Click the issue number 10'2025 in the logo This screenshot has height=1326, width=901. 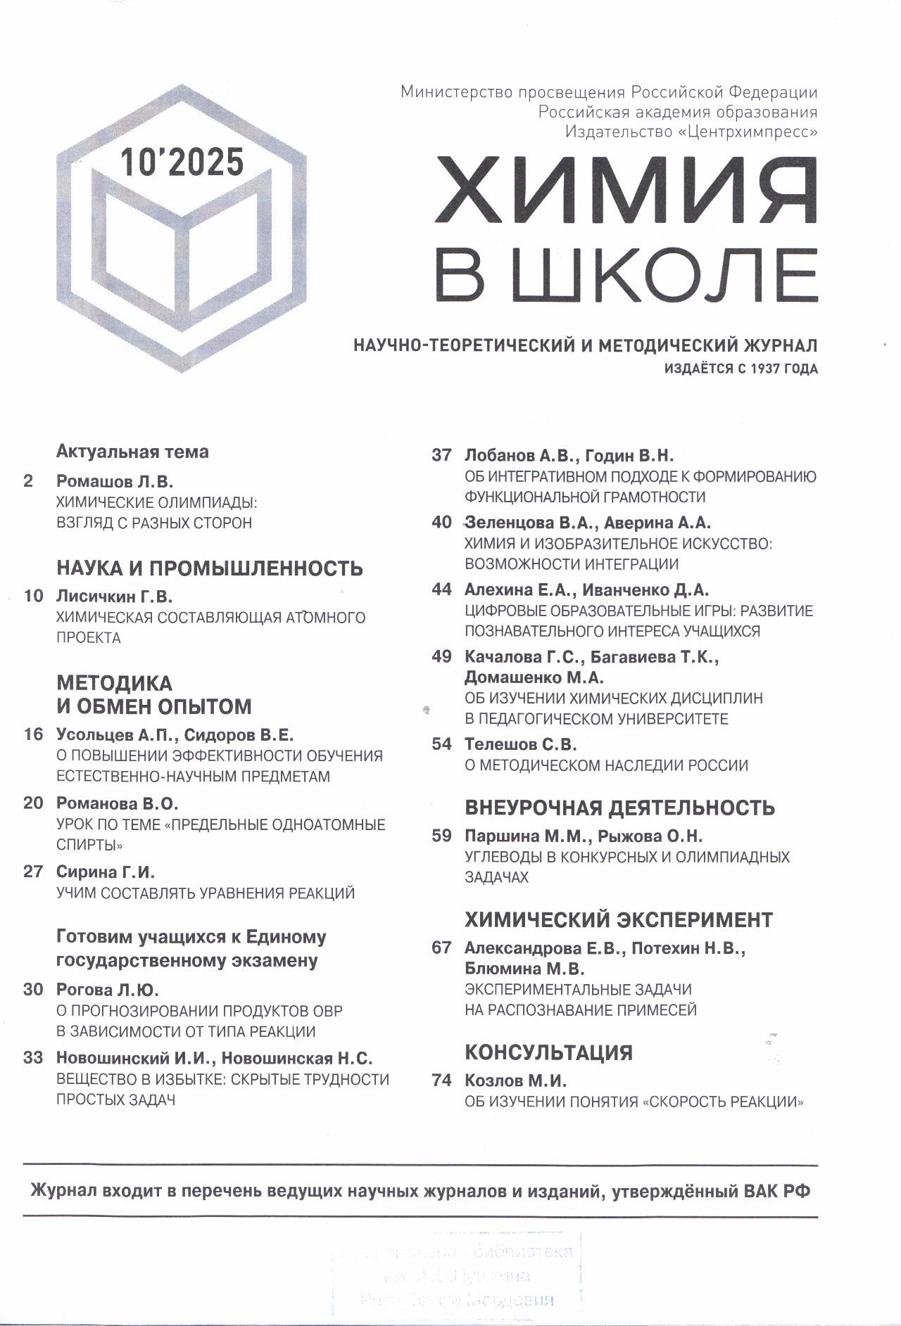[x=182, y=162]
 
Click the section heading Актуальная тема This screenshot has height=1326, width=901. [x=132, y=452]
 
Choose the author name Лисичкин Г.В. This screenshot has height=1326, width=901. [x=114, y=597]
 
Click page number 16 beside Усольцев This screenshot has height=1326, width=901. [x=33, y=734]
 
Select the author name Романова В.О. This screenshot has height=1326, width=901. [x=117, y=803]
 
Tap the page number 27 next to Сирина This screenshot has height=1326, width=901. [x=33, y=872]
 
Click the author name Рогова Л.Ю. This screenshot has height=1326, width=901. [x=107, y=990]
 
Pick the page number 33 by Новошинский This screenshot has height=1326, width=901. [x=33, y=1058]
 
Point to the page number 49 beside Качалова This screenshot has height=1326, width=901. [x=441, y=656]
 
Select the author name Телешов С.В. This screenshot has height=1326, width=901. [x=520, y=744]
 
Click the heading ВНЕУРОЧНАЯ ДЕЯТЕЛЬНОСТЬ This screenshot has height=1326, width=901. [x=619, y=808]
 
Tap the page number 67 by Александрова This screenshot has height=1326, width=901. [x=441, y=948]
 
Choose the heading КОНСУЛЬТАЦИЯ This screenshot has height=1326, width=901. [x=548, y=1052]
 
